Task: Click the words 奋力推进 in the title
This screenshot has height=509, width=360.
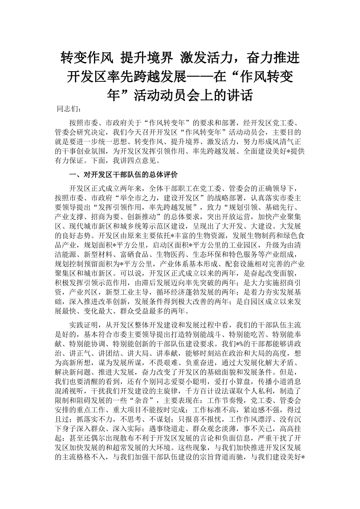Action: (273, 58)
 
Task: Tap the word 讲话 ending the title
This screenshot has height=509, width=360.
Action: (239, 95)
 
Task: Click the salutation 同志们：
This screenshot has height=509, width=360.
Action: (69, 109)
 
